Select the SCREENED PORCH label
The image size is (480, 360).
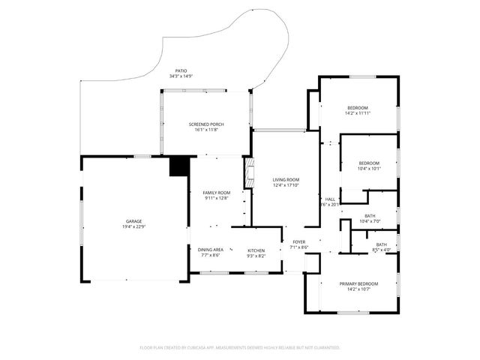click(205, 124)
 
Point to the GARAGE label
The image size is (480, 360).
click(133, 222)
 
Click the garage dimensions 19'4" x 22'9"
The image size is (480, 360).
click(133, 228)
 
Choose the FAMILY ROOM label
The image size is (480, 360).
click(217, 193)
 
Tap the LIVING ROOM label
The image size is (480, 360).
click(286, 180)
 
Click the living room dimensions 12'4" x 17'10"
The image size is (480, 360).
click(286, 186)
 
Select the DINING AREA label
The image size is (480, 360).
click(210, 250)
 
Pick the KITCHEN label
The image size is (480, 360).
click(256, 250)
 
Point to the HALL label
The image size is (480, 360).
click(329, 199)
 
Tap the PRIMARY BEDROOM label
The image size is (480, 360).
click(358, 283)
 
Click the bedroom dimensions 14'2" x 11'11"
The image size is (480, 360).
click(358, 113)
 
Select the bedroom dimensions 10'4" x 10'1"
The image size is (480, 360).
click(369, 169)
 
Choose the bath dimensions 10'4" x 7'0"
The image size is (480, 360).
click(370, 221)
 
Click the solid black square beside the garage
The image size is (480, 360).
click(179, 166)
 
